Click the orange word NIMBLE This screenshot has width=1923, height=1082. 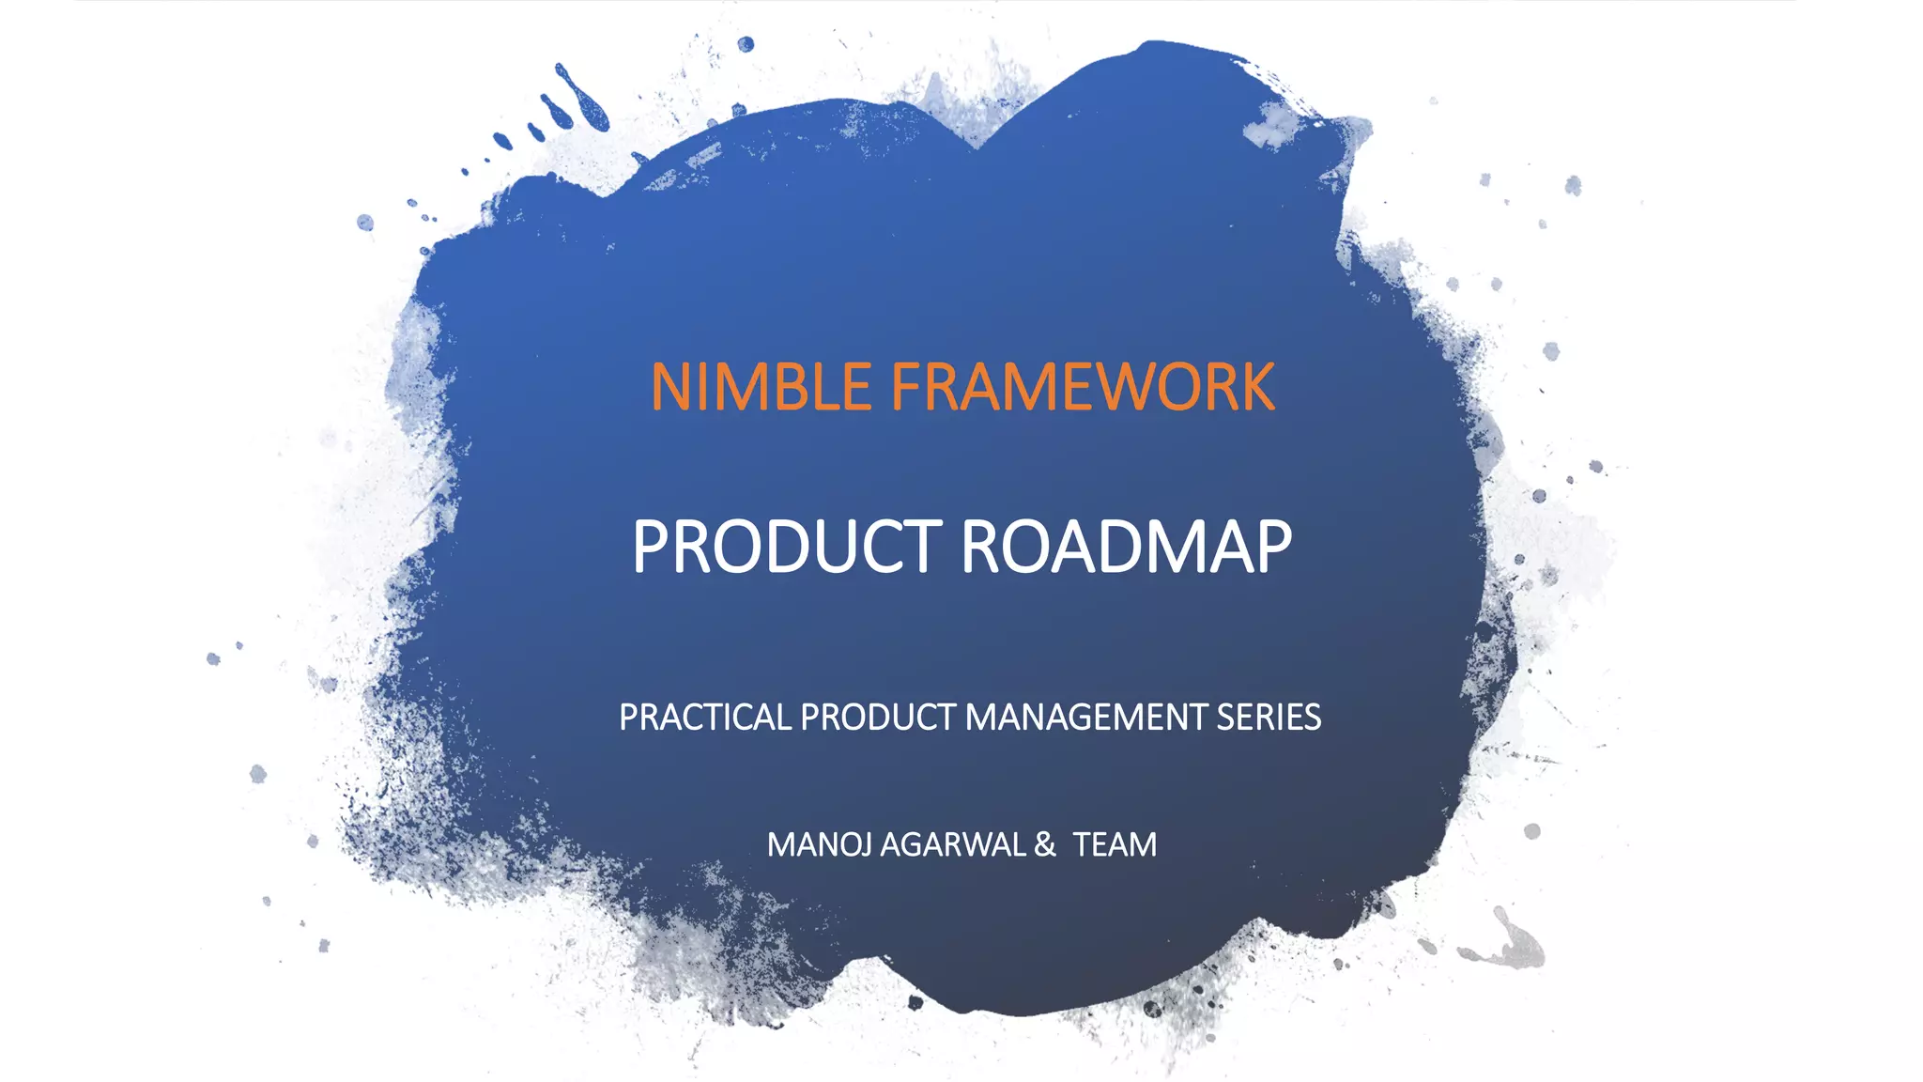(762, 387)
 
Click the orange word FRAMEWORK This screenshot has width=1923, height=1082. (1083, 387)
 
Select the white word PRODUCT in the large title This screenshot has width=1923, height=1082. (787, 547)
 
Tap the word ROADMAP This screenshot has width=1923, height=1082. (1126, 547)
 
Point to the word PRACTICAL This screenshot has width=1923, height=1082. (705, 718)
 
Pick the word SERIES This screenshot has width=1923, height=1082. (1269, 718)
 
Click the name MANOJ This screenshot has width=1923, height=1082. (820, 845)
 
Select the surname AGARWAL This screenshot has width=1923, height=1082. (953, 845)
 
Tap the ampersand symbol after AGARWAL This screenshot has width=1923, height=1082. (1044, 845)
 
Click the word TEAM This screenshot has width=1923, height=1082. (1115, 845)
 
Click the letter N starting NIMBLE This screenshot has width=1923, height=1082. (672, 387)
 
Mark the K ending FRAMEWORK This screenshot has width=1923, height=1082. (1256, 387)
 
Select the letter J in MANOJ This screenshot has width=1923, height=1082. (867, 845)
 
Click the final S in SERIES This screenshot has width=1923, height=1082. (1312, 718)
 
